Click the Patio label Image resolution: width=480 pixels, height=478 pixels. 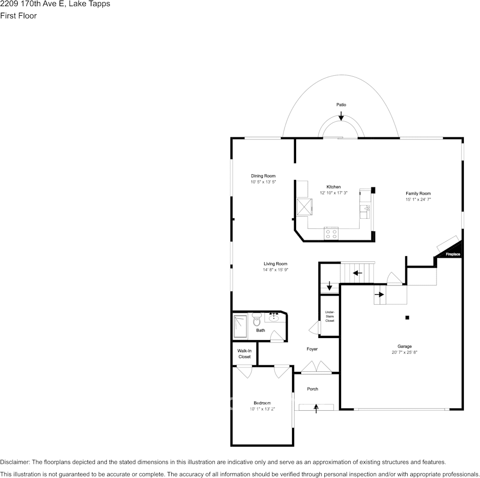(341, 105)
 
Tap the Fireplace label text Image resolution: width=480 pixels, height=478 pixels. (453, 254)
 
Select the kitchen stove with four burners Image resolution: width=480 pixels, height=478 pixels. (331, 234)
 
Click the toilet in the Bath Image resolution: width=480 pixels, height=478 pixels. (257, 319)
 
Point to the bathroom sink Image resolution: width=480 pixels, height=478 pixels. (273, 318)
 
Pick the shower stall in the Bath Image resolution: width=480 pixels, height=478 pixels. (241, 326)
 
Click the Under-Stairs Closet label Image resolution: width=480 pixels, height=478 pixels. (330, 316)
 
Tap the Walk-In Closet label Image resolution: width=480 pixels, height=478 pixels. (244, 354)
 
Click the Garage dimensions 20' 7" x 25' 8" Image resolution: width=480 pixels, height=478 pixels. (404, 352)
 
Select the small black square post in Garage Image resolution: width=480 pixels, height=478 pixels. (407, 317)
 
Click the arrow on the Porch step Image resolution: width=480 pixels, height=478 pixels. (316, 408)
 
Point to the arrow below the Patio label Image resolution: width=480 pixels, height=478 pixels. (341, 116)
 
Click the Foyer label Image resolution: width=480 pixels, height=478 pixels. (312, 349)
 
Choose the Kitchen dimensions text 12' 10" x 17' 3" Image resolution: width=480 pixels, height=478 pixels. (333, 193)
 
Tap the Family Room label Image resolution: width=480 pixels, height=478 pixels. (418, 194)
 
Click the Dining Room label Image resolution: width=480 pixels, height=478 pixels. (263, 176)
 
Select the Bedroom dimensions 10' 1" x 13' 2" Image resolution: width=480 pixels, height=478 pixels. (262, 409)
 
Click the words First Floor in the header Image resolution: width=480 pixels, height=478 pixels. (18, 16)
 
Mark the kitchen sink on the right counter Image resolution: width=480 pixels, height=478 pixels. (365, 210)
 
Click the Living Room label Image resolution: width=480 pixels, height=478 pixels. (275, 264)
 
